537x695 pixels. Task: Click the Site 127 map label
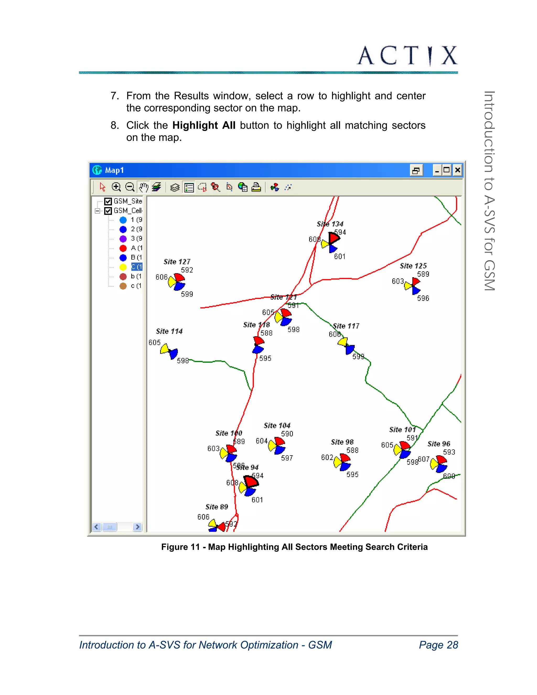pyautogui.click(x=177, y=261)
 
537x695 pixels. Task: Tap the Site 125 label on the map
pyautogui.click(x=413, y=266)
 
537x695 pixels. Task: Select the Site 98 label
pyautogui.click(x=342, y=442)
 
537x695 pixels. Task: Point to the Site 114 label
pyautogui.click(x=169, y=331)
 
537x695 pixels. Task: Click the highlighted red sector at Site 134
pyautogui.click(x=334, y=237)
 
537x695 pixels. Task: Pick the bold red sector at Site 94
pyautogui.click(x=251, y=481)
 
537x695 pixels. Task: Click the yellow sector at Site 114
pyautogui.click(x=165, y=349)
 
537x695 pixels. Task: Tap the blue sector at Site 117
pyautogui.click(x=350, y=349)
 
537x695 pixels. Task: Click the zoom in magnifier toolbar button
pyautogui.click(x=116, y=187)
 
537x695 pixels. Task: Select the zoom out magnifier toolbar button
pyautogui.click(x=130, y=187)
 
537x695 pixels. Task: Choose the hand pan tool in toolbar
pyautogui.click(x=143, y=187)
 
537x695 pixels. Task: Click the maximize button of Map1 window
pyautogui.click(x=447, y=170)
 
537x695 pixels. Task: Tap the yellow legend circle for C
pyautogui.click(x=123, y=267)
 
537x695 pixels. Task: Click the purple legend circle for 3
pyautogui.click(x=123, y=239)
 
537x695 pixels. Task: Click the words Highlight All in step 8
pyautogui.click(x=204, y=125)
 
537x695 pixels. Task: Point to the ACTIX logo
pyautogui.click(x=407, y=56)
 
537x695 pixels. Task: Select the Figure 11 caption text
pyautogui.click(x=294, y=547)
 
